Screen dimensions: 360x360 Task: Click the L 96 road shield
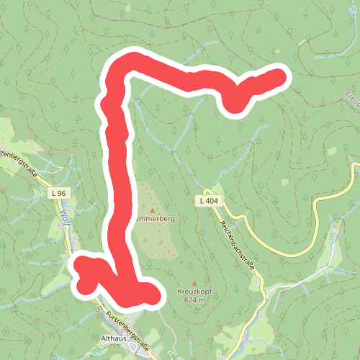tap(58, 194)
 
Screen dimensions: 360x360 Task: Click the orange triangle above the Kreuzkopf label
tap(192, 282)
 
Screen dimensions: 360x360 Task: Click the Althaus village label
tap(114, 338)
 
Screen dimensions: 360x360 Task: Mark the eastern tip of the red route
tap(279, 76)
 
